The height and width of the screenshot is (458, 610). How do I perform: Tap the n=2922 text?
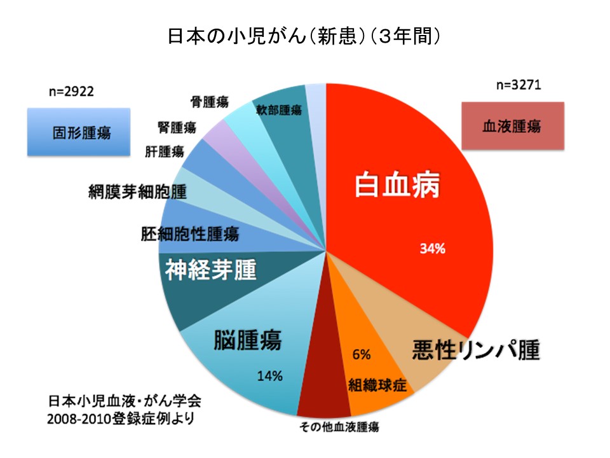click(x=71, y=92)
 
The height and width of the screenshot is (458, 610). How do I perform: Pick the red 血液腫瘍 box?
click(x=512, y=126)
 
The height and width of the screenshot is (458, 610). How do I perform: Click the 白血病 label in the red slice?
click(x=397, y=185)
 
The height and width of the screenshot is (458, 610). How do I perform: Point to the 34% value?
click(x=432, y=249)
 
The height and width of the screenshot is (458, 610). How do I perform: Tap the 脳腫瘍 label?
click(x=248, y=340)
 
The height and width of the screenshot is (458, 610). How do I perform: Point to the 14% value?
click(x=269, y=376)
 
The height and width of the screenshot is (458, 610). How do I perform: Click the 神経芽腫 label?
click(x=210, y=270)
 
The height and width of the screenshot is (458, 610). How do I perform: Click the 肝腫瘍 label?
click(x=165, y=152)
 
